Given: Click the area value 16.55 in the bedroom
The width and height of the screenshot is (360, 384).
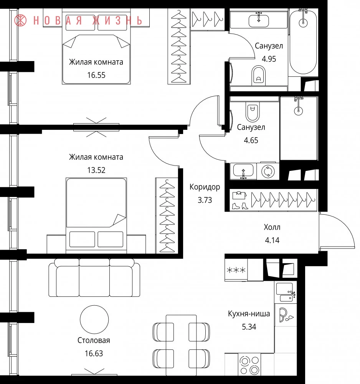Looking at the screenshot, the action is [96, 75].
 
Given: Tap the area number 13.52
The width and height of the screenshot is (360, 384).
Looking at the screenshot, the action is [96, 170].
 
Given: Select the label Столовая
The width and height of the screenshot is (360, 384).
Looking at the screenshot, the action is [94, 340].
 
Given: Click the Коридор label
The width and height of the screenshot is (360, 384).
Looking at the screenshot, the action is [205, 187].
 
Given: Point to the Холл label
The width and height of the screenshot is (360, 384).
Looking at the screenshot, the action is [272, 227].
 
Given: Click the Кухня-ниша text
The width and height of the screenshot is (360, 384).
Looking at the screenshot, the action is [249, 314].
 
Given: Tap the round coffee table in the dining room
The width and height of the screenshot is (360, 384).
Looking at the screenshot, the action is [94, 319].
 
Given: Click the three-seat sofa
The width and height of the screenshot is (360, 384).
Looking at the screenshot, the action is [94, 278].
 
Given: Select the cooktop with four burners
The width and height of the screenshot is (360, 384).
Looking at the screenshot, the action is [249, 364].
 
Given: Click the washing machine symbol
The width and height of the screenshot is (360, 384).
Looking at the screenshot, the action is [268, 171].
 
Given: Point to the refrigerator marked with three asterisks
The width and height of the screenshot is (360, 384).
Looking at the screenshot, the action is [236, 270].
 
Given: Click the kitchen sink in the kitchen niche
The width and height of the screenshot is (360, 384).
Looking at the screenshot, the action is [286, 292].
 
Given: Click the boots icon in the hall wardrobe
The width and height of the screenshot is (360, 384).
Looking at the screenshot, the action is [240, 206].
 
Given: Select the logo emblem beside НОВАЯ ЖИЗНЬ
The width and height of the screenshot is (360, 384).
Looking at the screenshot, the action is [21, 20].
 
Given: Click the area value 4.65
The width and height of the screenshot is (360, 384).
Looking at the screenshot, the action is [251, 140].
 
